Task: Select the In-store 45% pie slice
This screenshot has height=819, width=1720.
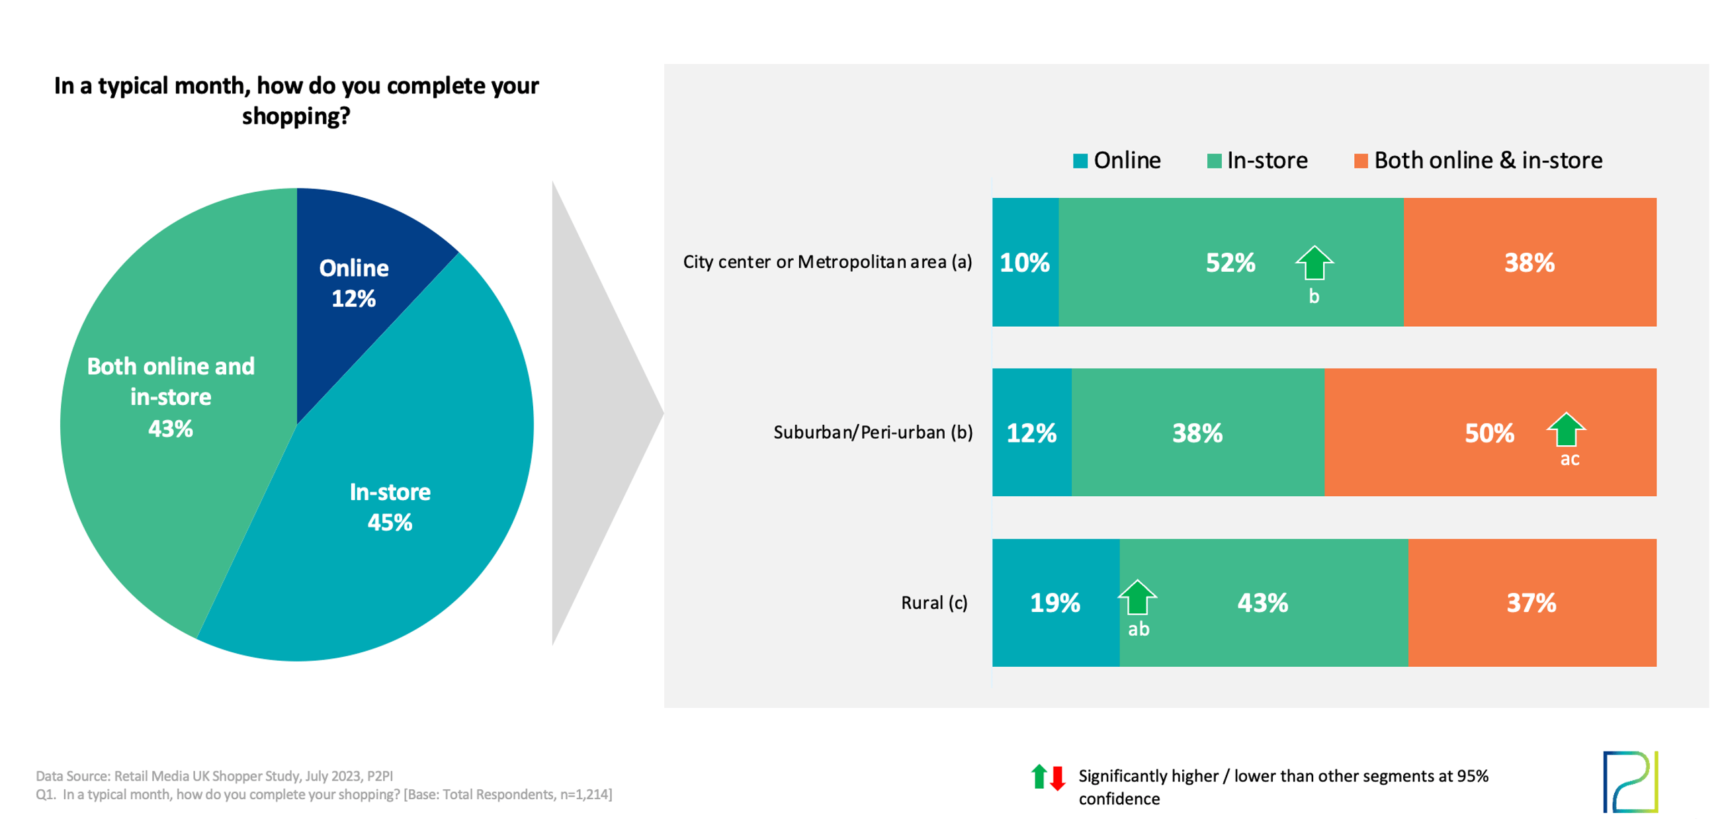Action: click(401, 507)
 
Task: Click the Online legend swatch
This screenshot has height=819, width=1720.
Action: click(1080, 161)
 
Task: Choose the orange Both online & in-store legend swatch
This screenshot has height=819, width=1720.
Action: click(1360, 161)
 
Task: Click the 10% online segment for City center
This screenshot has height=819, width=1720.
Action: click(1025, 263)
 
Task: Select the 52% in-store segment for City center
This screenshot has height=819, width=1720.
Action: click(1230, 263)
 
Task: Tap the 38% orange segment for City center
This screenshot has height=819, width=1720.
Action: click(1529, 263)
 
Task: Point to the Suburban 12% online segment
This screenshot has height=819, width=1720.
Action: click(1031, 433)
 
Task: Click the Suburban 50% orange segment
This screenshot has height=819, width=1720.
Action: click(1489, 433)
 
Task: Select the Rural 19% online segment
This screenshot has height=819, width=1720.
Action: click(1055, 603)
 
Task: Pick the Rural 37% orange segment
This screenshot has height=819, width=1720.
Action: click(1531, 603)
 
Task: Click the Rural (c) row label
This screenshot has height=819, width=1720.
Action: click(933, 603)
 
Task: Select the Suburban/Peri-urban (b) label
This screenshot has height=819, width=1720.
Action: click(873, 433)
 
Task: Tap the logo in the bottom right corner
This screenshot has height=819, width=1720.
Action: click(1631, 781)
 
